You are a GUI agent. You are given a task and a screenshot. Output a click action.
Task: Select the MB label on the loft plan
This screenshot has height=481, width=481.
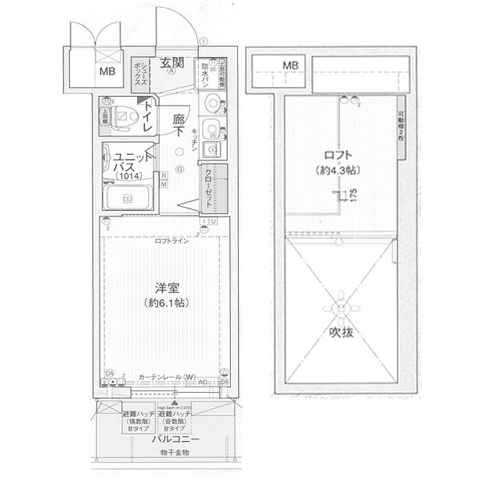(289, 66)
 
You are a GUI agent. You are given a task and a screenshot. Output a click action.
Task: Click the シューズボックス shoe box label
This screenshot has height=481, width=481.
(138, 75)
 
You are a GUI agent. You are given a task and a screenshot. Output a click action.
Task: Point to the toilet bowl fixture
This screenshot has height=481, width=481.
(123, 117)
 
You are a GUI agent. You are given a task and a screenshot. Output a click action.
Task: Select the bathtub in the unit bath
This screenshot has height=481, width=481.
(129, 199)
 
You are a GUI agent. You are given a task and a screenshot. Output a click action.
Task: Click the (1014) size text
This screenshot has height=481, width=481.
(126, 176)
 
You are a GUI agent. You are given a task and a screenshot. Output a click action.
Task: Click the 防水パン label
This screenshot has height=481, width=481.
(205, 73)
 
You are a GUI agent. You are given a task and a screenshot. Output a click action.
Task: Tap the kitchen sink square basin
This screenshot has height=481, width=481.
(213, 150)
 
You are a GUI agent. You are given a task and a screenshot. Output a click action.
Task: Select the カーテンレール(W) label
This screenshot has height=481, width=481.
(167, 377)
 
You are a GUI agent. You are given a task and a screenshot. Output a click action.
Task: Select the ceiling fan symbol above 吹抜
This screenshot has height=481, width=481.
(341, 305)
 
